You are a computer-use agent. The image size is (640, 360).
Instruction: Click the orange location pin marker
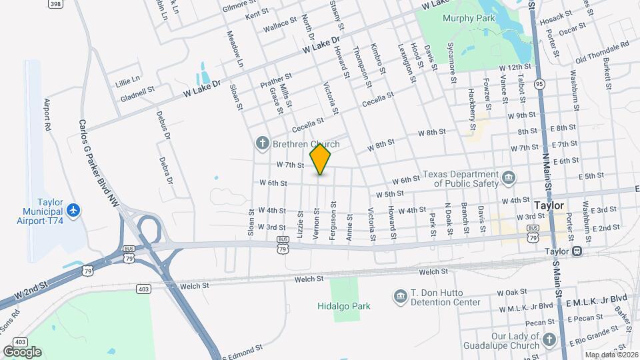coord(320,159)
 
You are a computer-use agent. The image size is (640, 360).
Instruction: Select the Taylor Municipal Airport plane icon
coord(74,211)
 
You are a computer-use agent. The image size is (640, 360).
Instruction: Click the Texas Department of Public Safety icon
coord(509,177)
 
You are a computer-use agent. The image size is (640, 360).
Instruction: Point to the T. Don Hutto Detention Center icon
coord(400,296)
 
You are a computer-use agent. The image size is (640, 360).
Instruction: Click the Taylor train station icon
coord(577,251)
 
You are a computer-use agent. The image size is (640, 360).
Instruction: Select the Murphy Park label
coord(469,18)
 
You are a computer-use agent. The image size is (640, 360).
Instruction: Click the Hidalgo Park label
coord(343,306)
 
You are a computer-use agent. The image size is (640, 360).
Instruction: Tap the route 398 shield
coord(56,3)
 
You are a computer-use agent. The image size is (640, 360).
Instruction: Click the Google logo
coord(22,351)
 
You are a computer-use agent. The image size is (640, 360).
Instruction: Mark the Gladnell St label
coord(137,89)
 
